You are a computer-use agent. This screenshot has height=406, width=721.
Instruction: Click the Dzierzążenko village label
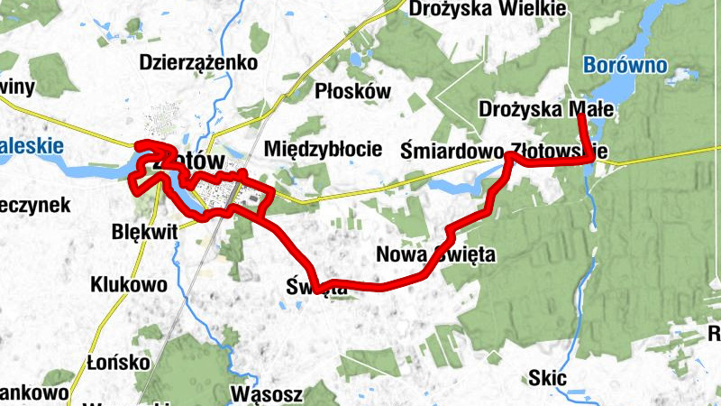198,62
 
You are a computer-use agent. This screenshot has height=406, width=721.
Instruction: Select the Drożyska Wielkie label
488,9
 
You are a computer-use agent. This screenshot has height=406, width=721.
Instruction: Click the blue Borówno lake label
625,65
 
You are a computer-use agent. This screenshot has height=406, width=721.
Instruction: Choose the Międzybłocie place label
321,148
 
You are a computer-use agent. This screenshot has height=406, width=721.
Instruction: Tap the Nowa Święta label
436,254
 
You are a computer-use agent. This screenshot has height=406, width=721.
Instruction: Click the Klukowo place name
129,285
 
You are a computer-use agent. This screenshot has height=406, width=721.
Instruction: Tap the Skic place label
548,378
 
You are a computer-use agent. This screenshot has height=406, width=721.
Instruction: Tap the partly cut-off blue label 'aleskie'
32,145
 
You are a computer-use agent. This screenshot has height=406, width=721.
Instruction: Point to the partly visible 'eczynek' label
34,205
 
